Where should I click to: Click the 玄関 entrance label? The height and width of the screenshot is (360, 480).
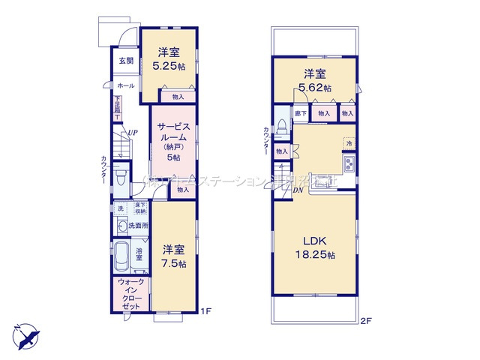coord(125,61)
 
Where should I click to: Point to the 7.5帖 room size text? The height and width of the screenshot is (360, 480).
coord(174,265)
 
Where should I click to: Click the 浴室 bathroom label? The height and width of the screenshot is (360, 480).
coord(139,255)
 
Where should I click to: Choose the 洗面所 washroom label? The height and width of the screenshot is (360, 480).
coord(137,225)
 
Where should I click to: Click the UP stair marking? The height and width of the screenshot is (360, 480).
coord(132,133)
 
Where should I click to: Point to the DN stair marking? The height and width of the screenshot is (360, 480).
coord(298,190)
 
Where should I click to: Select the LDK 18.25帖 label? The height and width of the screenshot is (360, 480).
coord(314,247)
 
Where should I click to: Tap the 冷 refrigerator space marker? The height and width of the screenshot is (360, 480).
coord(349,142)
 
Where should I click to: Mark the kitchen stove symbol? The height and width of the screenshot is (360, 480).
coord(349,164)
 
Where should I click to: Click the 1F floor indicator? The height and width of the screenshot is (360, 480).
coord(205,312)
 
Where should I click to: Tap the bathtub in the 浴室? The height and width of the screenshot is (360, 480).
coord(123,256)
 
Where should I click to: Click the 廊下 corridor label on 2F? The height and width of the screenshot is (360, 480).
coord(300,112)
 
